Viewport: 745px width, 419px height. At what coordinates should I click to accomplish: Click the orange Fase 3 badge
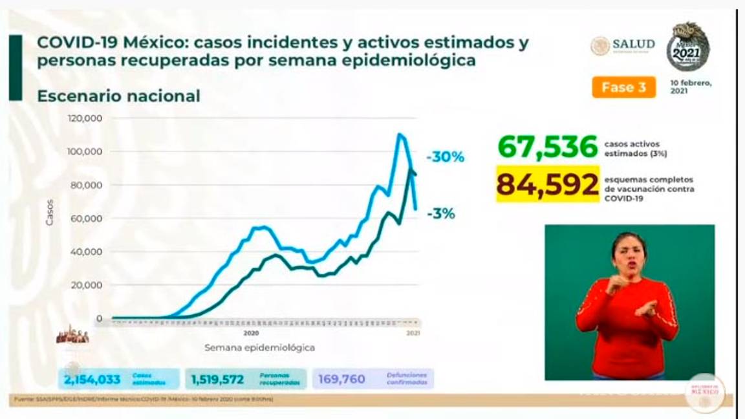[x=623, y=87]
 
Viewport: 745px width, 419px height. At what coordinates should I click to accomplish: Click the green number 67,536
[x=548, y=147]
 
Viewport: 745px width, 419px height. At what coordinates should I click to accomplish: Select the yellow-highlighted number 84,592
[x=548, y=184]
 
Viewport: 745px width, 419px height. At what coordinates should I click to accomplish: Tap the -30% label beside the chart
[x=445, y=156]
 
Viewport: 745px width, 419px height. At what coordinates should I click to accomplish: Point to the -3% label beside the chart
[x=440, y=214]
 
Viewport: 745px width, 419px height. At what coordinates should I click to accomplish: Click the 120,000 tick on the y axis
[x=85, y=118]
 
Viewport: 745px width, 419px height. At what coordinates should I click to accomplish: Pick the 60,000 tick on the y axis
[x=87, y=219]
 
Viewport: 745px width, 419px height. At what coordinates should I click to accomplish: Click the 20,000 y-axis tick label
[x=87, y=285]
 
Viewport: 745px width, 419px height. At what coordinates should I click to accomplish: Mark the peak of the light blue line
[x=400, y=134]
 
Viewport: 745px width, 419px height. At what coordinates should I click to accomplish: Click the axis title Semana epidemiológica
[x=260, y=348]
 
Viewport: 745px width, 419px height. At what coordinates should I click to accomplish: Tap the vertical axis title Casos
[x=50, y=213]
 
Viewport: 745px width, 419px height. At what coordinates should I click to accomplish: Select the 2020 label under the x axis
[x=251, y=334]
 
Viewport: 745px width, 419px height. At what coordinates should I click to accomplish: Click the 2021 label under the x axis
[x=414, y=334]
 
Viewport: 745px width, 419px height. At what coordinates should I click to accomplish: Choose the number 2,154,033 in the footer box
[x=93, y=379]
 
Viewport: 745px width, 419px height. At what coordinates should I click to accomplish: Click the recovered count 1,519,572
[x=217, y=379]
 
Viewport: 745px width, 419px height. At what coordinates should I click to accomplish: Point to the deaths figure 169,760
[x=341, y=379]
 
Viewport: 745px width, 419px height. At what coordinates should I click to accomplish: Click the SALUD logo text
[x=633, y=45]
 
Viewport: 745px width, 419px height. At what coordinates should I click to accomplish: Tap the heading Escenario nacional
[x=118, y=96]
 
